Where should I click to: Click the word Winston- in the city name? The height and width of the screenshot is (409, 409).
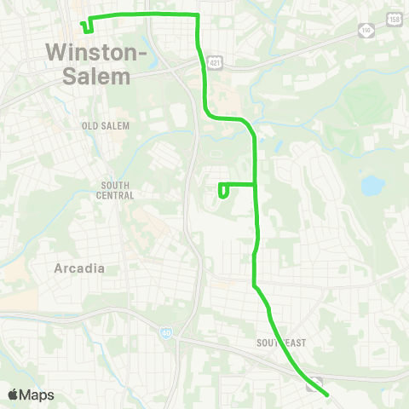click(95, 53)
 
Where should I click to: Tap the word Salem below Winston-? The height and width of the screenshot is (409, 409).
click(98, 76)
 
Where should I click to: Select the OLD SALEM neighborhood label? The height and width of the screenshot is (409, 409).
click(105, 125)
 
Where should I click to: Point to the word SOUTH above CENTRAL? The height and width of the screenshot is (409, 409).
click(115, 185)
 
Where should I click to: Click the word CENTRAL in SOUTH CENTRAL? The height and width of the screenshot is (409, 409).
click(115, 195)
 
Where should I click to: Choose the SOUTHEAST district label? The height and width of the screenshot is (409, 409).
click(280, 342)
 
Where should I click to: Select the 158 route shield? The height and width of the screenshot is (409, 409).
click(393, 19)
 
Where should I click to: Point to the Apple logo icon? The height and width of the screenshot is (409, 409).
click(14, 395)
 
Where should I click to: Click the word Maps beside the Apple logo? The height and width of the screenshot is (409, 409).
click(37, 395)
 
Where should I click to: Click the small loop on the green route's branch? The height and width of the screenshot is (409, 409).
click(223, 191)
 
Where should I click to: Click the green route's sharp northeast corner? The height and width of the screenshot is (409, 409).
click(198, 15)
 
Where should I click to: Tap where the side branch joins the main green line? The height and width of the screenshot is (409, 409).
click(256, 184)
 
